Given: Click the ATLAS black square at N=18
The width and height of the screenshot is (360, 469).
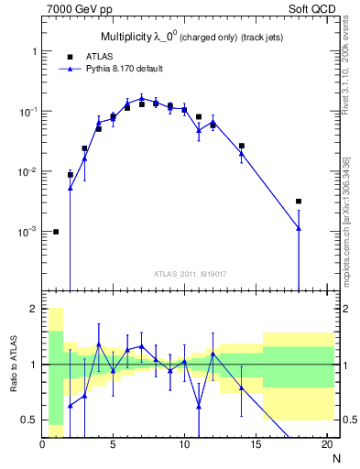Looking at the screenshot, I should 299,202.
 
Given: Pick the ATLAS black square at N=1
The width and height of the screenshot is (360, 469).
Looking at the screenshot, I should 57,232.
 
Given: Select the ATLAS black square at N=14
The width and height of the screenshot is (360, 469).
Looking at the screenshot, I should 242,146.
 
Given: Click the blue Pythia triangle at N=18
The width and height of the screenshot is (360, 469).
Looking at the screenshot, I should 299,228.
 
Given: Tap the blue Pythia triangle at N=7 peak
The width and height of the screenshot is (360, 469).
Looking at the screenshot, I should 142,98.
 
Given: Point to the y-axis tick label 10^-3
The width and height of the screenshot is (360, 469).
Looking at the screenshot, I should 26,232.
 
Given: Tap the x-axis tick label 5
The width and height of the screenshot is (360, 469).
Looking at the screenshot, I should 114,445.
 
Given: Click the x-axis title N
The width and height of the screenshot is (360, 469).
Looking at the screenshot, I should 335,458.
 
